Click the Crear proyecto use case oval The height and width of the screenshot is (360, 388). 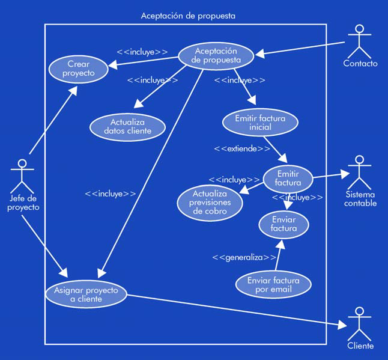coord(79,69)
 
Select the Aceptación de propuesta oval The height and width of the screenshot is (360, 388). coord(216,55)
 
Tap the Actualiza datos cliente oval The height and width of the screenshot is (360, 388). coord(127,126)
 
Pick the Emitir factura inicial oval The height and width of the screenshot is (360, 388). coord(260,122)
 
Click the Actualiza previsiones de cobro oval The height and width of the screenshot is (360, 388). coord(210,203)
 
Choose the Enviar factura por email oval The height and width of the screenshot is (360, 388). coord(273,284)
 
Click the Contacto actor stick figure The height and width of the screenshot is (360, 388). coord(360,40)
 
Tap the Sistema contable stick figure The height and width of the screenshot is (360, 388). coord(360,172)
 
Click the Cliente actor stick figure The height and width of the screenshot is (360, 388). coord(360,323)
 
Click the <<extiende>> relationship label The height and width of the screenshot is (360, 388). coord(242,148)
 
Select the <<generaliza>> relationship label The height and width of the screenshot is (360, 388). coord(244,257)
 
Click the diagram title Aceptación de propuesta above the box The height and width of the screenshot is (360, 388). coord(188,16)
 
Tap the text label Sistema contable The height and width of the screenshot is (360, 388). coord(360,199)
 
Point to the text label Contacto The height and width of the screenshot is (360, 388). coord(360,64)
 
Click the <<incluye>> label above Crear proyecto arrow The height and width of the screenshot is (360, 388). coord(142,52)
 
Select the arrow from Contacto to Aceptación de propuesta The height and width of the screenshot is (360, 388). coord(300,48)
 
